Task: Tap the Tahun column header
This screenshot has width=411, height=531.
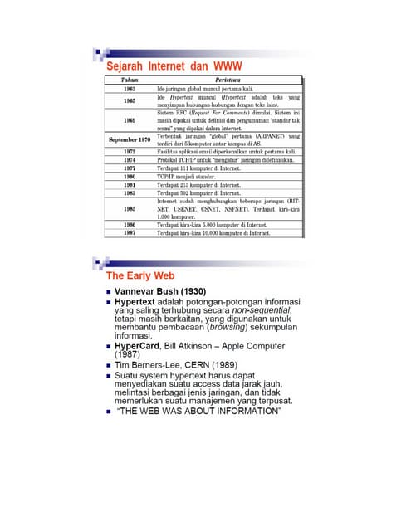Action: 130,79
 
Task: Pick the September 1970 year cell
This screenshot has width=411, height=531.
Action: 130,140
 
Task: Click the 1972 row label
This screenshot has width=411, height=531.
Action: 130,153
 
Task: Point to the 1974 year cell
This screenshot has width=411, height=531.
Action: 130,160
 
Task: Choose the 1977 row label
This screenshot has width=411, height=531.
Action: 130,168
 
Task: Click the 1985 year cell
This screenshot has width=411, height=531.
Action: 130,208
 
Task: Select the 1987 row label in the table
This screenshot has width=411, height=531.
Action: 130,233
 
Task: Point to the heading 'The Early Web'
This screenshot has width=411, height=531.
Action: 141,275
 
